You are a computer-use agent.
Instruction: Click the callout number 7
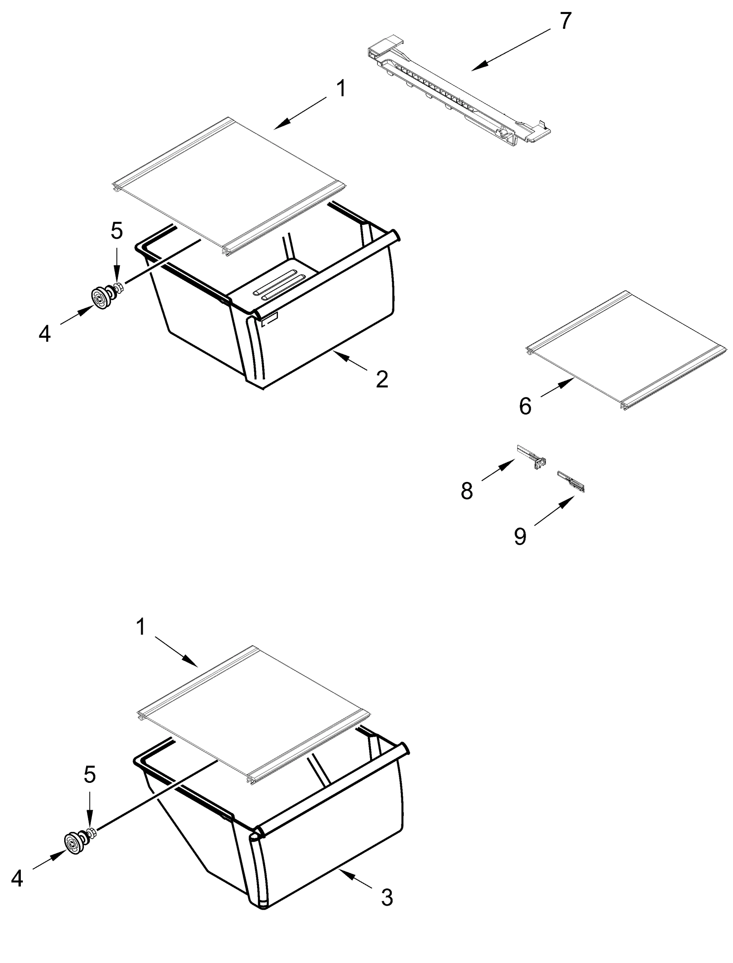coord(565,21)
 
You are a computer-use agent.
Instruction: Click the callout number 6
coord(525,406)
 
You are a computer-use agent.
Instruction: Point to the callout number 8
coord(467,491)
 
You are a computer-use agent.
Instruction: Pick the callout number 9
coord(520,536)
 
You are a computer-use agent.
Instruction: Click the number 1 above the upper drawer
coord(342,89)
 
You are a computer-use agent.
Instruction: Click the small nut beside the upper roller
coord(118,288)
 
